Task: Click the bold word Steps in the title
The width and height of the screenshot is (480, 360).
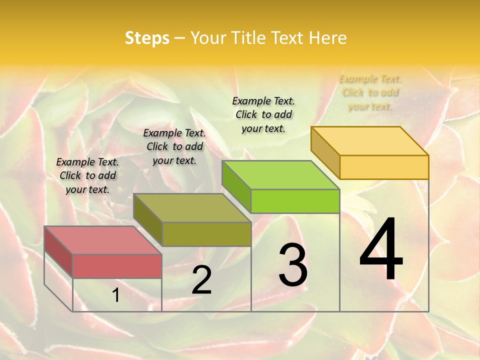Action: pyautogui.click(x=147, y=38)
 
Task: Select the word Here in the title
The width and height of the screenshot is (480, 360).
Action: pyautogui.click(x=327, y=38)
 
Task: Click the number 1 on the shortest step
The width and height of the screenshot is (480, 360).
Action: pyautogui.click(x=116, y=295)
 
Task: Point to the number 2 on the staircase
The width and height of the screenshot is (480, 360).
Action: pyautogui.click(x=201, y=280)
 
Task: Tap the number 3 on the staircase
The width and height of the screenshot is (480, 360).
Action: pyautogui.click(x=293, y=265)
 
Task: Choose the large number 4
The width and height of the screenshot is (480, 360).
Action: pyautogui.click(x=381, y=250)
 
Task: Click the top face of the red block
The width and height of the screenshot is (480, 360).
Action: pyautogui.click(x=102, y=240)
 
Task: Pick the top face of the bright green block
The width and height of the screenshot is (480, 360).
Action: pyautogui.click(x=280, y=175)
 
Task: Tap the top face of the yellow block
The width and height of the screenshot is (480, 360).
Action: pyautogui.click(x=369, y=141)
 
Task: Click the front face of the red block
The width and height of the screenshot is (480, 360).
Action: pyautogui.click(x=117, y=266)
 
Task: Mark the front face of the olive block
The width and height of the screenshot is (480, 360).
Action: pyautogui.click(x=206, y=234)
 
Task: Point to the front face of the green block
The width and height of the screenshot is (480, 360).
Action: pyautogui.click(x=295, y=201)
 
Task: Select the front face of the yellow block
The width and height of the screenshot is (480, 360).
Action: pyautogui.click(x=384, y=167)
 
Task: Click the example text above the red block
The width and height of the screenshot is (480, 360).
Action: pyautogui.click(x=87, y=175)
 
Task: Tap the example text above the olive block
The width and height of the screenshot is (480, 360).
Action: pyautogui.click(x=174, y=146)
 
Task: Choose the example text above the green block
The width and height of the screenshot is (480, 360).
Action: pyautogui.click(x=263, y=114)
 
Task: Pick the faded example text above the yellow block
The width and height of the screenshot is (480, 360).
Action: pyautogui.click(x=370, y=92)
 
